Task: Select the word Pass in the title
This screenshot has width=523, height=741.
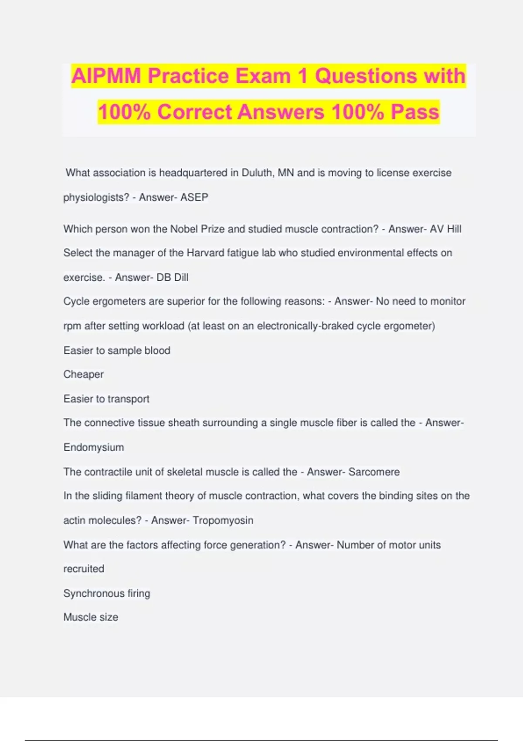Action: (415, 112)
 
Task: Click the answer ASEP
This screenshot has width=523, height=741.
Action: (194, 197)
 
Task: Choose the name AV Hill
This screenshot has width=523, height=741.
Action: (445, 229)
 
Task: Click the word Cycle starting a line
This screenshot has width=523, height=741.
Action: (76, 302)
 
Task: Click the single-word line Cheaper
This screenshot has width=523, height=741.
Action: (84, 374)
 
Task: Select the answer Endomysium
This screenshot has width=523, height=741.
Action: (94, 448)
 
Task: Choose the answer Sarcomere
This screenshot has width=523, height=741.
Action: (374, 472)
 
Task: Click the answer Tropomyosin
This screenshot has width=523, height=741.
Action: (223, 520)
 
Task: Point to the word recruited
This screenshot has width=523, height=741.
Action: (84, 569)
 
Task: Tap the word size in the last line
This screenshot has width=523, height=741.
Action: (109, 617)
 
